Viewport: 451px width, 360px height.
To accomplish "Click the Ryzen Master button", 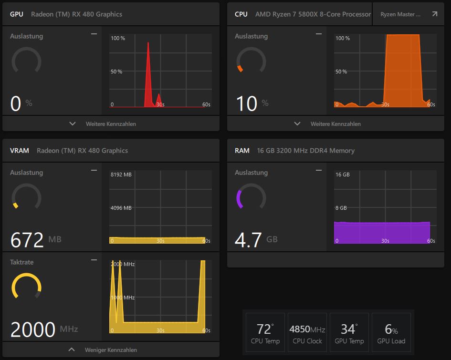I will pos(409,14).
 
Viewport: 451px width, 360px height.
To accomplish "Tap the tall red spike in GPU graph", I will pos(148,72).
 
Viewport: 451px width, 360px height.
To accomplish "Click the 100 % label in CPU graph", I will pos(343,38).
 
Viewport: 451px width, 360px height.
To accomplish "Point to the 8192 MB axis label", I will pos(121,175).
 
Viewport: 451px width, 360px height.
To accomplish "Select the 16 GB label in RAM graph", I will pos(343,175).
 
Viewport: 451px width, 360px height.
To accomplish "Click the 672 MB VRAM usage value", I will pos(27,240).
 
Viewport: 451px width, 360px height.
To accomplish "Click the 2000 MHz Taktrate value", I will pos(33,329).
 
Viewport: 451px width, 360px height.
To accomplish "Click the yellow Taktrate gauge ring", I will pos(26,286).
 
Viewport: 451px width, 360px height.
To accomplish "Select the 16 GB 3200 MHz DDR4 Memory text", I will pos(305,151).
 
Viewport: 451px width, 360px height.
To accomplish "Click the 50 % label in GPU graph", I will pos(116,72).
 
